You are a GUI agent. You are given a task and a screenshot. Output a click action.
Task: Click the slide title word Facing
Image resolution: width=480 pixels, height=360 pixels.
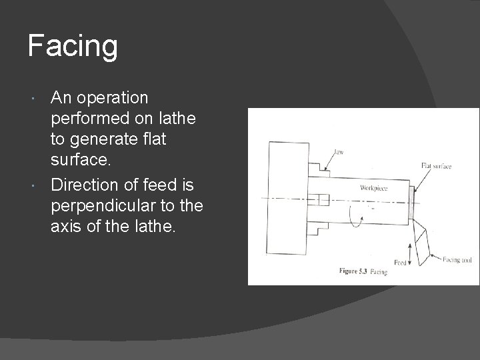click(x=73, y=46)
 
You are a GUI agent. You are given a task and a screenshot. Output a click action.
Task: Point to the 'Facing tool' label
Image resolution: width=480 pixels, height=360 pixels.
click(x=457, y=259)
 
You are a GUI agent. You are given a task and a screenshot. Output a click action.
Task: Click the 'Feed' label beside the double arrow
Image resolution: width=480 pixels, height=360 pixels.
click(x=399, y=263)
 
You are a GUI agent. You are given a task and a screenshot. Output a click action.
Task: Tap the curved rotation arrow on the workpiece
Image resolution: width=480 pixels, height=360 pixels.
click(x=361, y=217)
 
